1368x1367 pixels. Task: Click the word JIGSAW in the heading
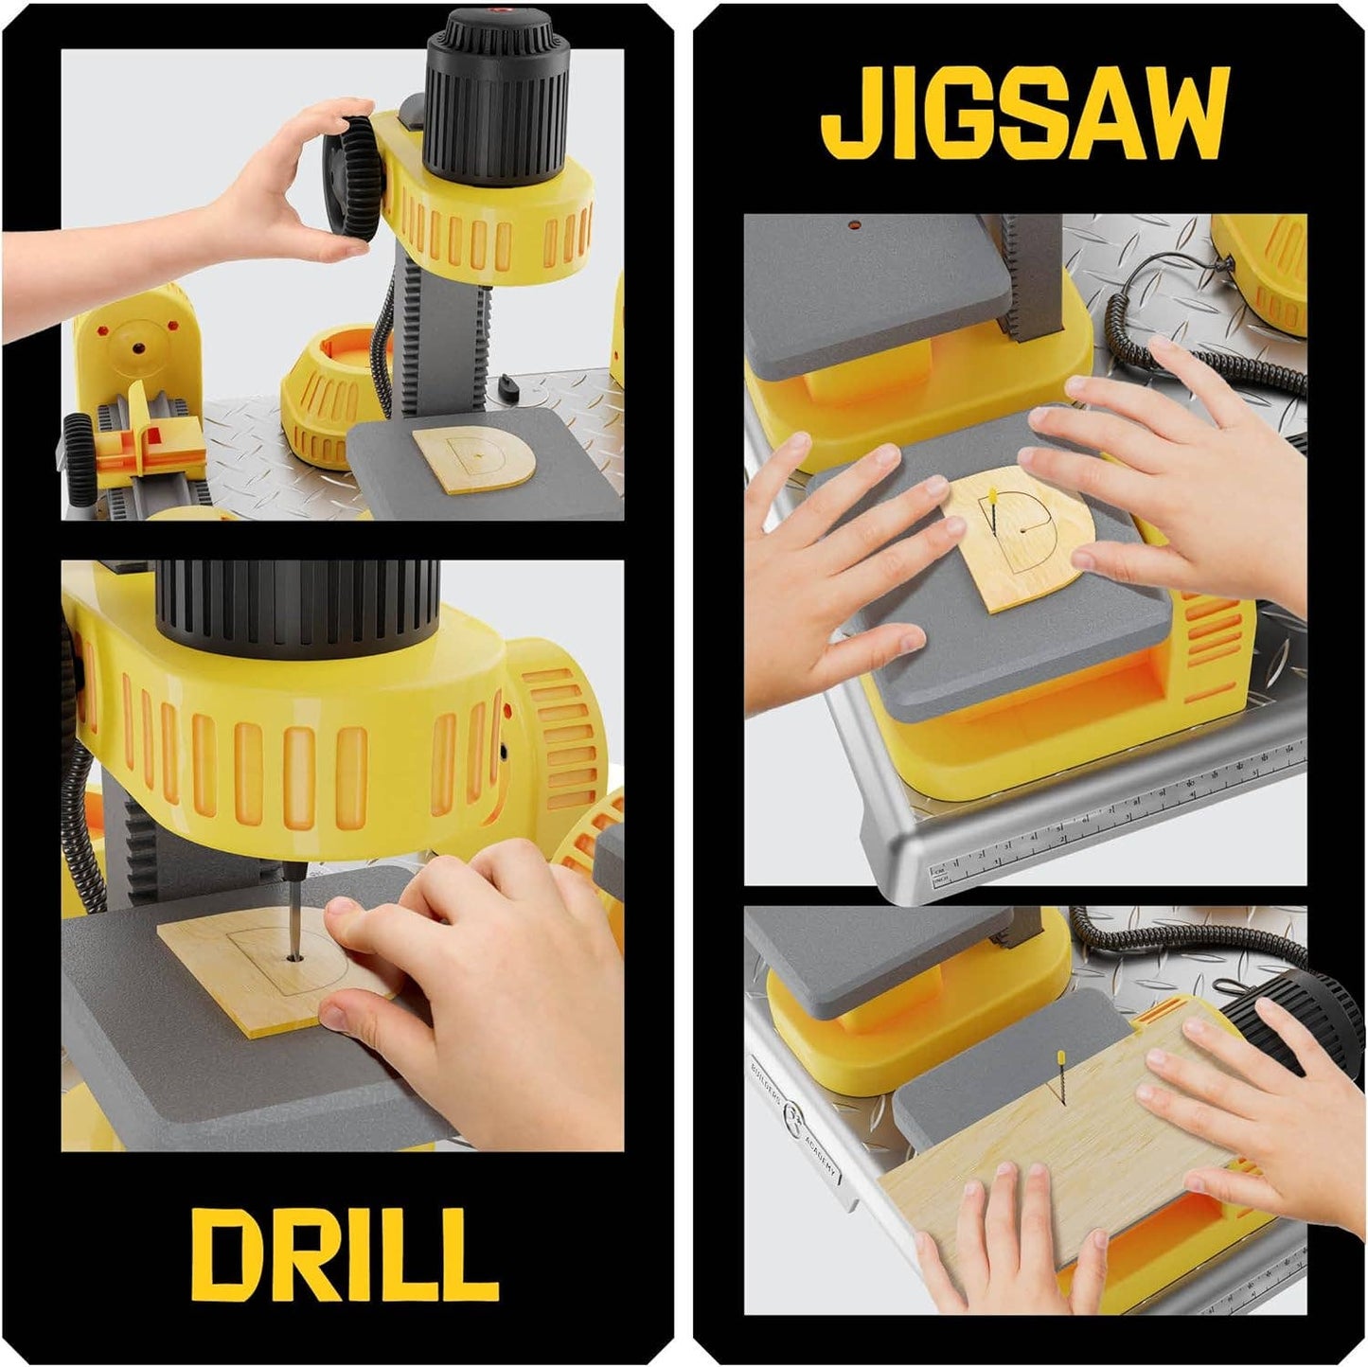click(x=1024, y=115)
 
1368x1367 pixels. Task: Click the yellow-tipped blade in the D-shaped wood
click(x=992, y=511)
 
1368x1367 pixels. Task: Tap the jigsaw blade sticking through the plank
click(x=1058, y=1079)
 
